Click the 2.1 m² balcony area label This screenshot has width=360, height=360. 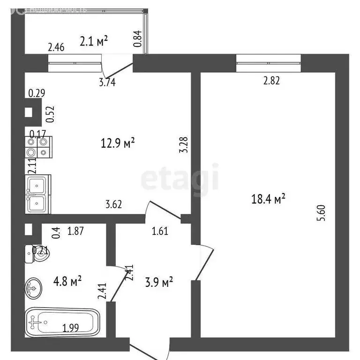[x=94, y=42]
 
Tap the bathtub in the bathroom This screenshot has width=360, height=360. [x=62, y=322]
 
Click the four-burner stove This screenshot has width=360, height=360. [x=37, y=146]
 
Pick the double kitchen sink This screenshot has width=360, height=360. [x=37, y=194]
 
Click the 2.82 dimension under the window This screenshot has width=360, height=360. [x=271, y=80]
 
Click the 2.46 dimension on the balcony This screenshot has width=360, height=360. [x=56, y=47]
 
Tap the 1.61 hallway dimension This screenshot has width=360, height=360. [x=160, y=230]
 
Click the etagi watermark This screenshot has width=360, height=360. [x=180, y=178]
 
